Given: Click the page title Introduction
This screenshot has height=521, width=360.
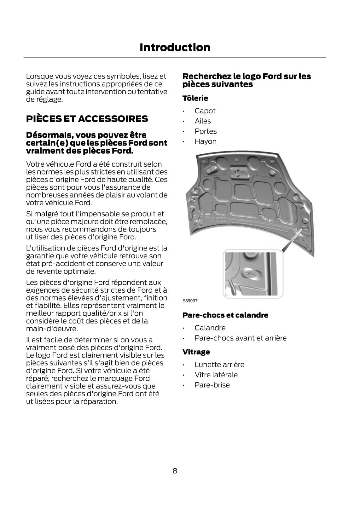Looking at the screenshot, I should [x=175, y=48].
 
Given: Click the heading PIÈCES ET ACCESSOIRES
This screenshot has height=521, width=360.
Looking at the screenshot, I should [x=87, y=119].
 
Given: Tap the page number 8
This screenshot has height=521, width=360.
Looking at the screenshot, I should [x=175, y=471].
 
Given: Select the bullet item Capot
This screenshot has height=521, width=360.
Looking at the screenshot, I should [x=205, y=111].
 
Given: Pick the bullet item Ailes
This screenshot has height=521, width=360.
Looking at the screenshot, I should [x=203, y=121].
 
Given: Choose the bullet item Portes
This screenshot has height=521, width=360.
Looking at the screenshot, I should [x=206, y=131].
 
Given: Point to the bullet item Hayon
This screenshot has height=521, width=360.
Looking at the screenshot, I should [x=206, y=141].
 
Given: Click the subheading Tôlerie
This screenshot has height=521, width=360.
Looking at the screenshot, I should [x=195, y=98].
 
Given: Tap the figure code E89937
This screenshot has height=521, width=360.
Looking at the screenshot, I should [x=190, y=301].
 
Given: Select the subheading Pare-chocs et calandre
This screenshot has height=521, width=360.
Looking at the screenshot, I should [x=225, y=315].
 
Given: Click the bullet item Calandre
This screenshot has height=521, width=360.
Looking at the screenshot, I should [x=210, y=328].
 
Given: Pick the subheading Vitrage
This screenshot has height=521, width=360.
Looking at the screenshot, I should [x=196, y=352].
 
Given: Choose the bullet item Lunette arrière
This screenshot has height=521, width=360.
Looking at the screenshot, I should [x=219, y=365].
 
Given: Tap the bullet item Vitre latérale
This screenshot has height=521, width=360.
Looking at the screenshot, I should [x=216, y=375].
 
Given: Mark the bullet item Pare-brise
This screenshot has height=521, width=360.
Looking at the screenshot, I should [x=212, y=385].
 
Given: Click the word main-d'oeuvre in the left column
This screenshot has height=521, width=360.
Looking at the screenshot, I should [x=52, y=329].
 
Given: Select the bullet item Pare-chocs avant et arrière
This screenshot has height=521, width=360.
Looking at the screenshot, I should [x=241, y=338].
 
